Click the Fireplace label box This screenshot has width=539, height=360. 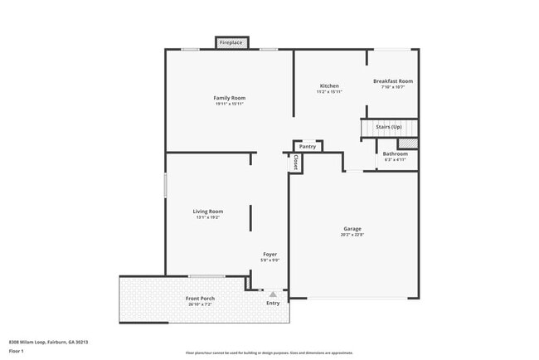coord(231,42)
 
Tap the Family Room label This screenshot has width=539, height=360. coord(230,98)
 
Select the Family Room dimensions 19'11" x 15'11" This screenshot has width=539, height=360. coord(230,105)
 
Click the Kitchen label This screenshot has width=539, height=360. coord(329,86)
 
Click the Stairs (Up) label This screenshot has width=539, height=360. coord(389,127)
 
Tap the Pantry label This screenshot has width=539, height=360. coord(308,147)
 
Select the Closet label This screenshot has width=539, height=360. coord(295,163)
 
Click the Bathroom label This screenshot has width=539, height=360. coord(395,153)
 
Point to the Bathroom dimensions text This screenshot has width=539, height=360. coord(395,159)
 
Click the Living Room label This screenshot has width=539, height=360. coord(207,212)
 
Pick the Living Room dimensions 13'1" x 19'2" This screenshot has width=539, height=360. coord(207,218)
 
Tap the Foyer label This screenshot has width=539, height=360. coord(270,254)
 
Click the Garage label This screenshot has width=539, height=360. coord(352,228)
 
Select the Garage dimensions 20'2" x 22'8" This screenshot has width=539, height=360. coord(352,235)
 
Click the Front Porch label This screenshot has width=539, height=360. coord(200,298)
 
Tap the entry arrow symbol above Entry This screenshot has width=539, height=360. coord(272,293)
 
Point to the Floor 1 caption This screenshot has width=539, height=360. coord(17,351)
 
